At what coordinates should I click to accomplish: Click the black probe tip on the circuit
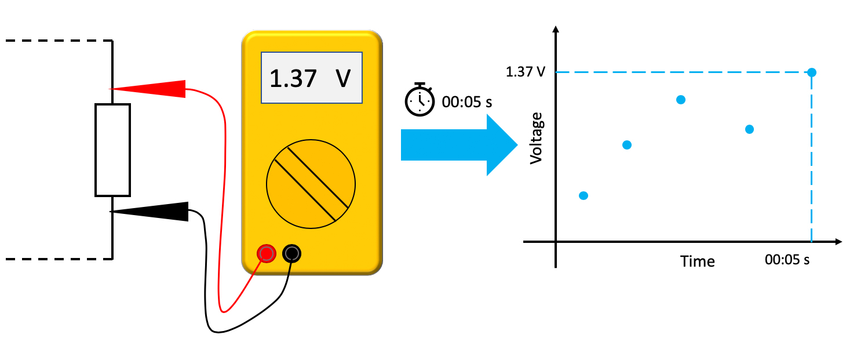point(152,212)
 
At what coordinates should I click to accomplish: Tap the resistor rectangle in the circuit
point(112,150)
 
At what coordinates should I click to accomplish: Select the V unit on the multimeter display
point(344,78)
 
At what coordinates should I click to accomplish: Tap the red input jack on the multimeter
point(267,253)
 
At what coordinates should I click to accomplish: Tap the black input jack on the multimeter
point(291,253)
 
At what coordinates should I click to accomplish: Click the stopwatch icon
point(419,100)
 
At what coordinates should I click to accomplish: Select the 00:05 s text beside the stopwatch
point(467,103)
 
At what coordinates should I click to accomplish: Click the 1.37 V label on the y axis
point(525,72)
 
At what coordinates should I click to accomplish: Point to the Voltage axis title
point(538,138)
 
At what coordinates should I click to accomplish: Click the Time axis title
point(698,261)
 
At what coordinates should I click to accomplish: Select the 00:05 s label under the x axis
point(787,260)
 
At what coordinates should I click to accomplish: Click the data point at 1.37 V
point(812,72)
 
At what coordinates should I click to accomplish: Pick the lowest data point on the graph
point(584,195)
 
